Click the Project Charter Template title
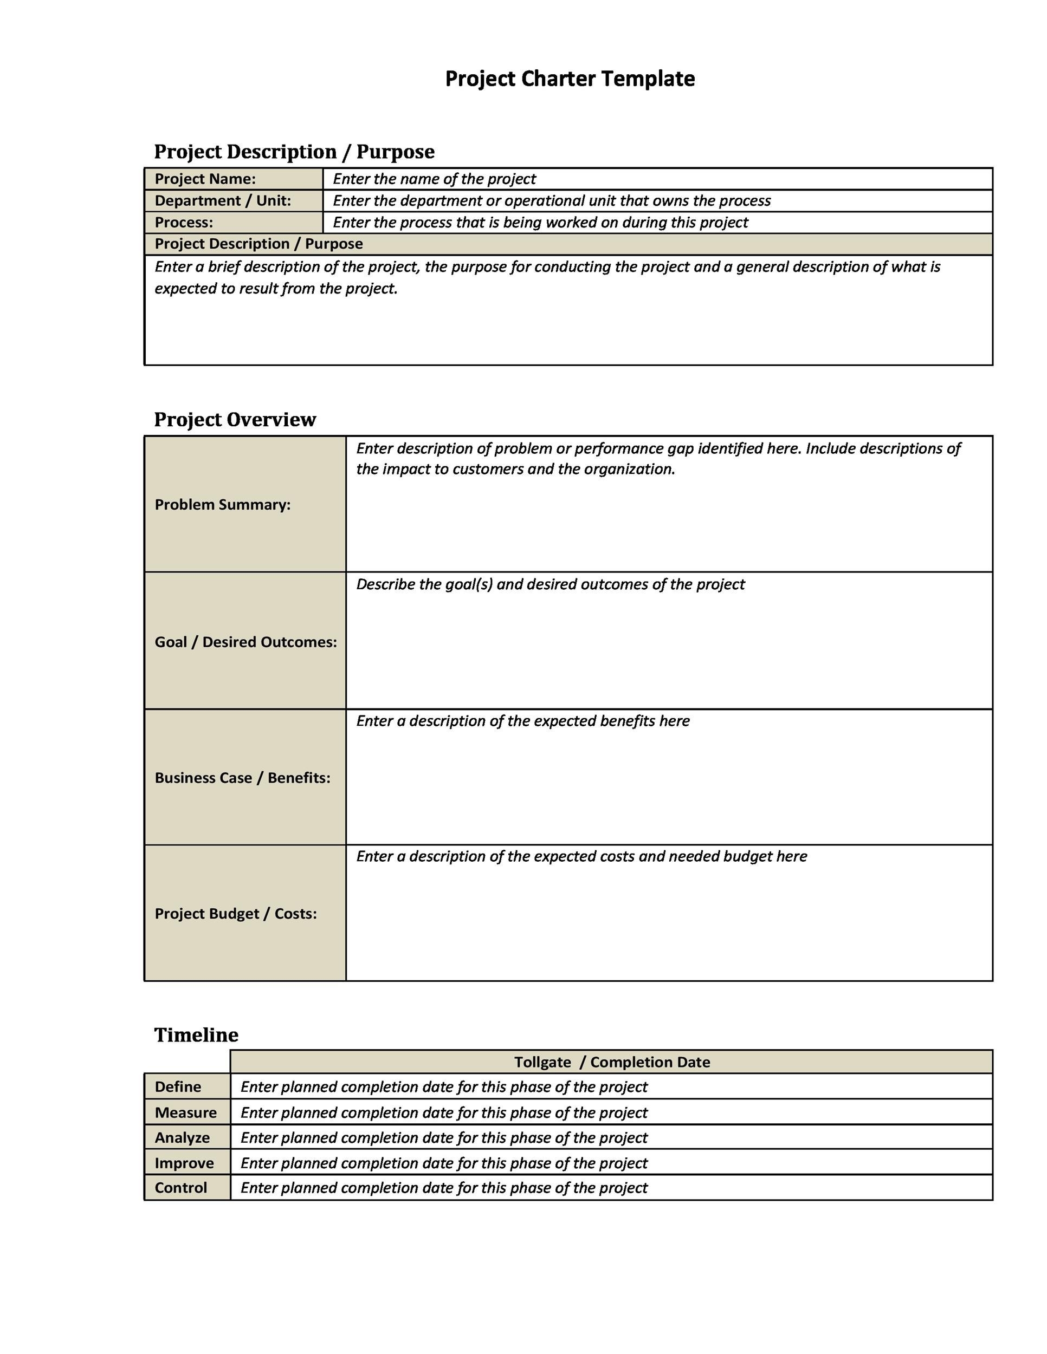[570, 79]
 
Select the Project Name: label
[205, 179]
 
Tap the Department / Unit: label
[222, 201]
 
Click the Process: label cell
[184, 223]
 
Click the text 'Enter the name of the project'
[434, 179]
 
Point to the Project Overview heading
[235, 420]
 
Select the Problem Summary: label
[222, 505]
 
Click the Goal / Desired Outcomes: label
[245, 642]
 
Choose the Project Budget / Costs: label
[236, 914]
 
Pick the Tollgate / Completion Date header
[612, 1063]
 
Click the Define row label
[178, 1088]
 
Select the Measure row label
[185, 1113]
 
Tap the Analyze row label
[182, 1138]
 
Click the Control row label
[180, 1188]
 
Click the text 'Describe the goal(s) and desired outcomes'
[550, 584]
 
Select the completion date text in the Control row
[443, 1188]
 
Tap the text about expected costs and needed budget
[581, 857]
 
